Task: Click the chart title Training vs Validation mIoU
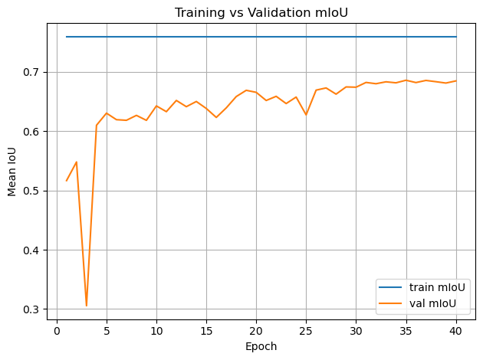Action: click(x=261, y=12)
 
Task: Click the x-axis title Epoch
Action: click(x=261, y=346)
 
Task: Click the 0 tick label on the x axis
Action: click(x=57, y=331)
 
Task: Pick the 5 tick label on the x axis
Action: click(x=107, y=331)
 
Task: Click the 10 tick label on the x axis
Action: click(x=156, y=331)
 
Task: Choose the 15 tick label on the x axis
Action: click(x=206, y=331)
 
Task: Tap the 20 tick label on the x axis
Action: click(x=256, y=331)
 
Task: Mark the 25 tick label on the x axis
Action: click(x=306, y=331)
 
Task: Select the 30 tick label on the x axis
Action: click(x=356, y=331)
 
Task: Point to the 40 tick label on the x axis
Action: click(x=455, y=331)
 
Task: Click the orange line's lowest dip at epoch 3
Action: click(x=87, y=306)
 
